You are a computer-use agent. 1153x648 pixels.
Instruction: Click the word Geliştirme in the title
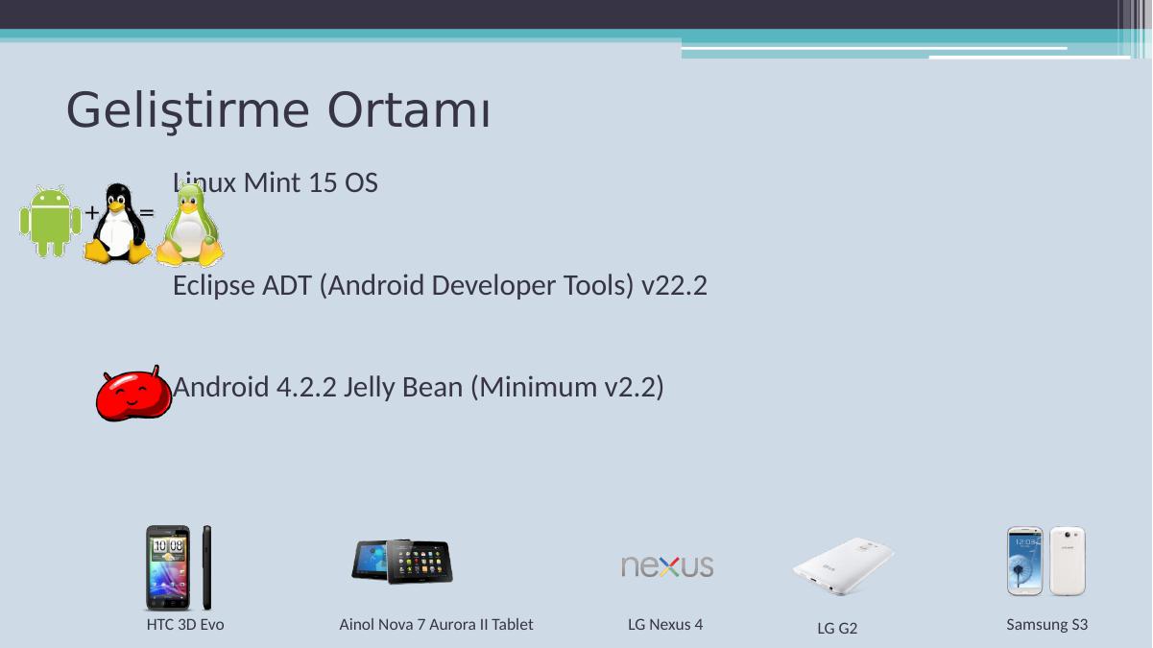188,111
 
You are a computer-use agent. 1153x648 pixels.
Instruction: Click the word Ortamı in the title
409,110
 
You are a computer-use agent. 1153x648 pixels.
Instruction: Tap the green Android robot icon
50,222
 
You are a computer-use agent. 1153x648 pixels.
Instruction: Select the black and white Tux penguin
117,224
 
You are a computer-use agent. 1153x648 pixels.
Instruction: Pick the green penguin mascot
189,225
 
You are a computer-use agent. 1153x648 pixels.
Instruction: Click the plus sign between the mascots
92,212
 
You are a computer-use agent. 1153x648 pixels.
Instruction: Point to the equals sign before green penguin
147,212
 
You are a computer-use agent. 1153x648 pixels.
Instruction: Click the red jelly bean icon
133,395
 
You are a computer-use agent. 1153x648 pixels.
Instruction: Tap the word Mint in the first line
272,182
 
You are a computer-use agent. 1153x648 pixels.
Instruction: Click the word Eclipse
214,286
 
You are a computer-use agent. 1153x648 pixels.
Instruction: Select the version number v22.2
674,286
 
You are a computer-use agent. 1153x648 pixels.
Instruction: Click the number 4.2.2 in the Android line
306,387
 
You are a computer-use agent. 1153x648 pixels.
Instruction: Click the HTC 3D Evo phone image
179,567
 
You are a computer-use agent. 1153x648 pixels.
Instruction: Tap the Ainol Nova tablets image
402,562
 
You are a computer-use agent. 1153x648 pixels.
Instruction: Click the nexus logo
667,566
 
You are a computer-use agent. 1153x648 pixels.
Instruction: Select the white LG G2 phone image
843,566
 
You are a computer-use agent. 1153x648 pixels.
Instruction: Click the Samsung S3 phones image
1046,561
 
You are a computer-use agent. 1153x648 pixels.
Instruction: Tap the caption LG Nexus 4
665,625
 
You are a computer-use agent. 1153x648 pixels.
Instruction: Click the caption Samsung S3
1047,625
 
